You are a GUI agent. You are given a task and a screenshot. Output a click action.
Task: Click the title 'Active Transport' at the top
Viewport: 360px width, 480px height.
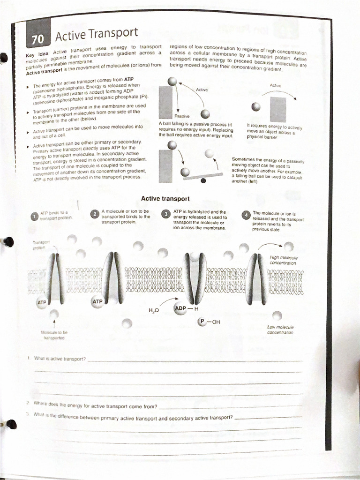pos(97,33)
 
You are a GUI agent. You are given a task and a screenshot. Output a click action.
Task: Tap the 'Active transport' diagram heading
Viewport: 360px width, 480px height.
pos(165,199)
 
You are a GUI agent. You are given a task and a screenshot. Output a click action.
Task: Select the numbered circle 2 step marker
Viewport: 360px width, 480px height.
pos(95,214)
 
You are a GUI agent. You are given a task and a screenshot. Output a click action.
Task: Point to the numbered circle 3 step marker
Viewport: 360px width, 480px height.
pos(165,214)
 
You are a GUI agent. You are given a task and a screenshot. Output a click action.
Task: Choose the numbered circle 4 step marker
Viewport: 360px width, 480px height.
pos(245,215)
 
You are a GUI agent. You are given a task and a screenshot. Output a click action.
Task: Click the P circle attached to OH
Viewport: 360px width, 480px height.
pos(202,322)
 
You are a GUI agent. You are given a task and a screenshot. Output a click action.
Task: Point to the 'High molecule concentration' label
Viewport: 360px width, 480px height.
pos(284,260)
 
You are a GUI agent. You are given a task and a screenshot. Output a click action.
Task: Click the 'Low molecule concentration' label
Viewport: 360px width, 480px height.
pos(280,330)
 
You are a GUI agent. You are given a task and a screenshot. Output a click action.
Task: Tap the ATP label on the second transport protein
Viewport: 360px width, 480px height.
pos(97,301)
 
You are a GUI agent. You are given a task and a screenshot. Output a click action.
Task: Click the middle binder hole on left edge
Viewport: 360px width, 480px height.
pos(8,242)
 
